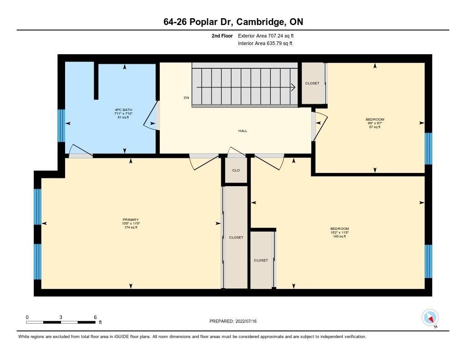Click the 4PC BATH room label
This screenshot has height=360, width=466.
123,110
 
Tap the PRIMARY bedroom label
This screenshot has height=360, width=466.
131,220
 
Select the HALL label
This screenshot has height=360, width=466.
243,131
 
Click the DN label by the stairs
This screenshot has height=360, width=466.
186,97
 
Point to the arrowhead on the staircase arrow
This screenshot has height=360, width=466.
293,87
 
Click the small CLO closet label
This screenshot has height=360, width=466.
236,170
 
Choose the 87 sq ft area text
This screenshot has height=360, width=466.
375,127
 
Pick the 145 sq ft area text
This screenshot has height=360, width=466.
339,236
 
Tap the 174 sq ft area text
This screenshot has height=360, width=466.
131,228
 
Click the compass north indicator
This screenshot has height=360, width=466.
430,318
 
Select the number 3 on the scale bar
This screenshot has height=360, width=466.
61,317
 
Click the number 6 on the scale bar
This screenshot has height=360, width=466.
95,317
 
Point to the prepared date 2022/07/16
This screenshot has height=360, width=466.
246,321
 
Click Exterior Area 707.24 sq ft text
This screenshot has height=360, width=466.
266,35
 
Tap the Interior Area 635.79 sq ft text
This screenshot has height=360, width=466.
265,43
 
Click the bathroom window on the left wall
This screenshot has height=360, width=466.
61,126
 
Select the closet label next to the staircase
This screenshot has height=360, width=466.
312,83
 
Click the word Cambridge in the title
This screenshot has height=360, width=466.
259,22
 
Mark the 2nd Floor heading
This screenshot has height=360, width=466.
222,35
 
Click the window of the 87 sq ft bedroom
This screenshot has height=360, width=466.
428,149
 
